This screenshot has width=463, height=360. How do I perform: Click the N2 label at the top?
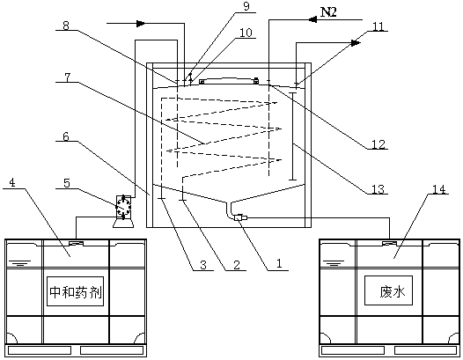pos(328,12)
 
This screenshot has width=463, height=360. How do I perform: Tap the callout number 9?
pos(246,6)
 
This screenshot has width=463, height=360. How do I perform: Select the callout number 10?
pos(246,33)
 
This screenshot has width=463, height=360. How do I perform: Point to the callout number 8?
pos(66,26)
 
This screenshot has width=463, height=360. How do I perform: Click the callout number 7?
pos(67,77)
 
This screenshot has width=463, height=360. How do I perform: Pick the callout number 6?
pos(66,136)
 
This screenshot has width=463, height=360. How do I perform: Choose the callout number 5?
pos(67,183)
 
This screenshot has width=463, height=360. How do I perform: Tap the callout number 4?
pos(12,183)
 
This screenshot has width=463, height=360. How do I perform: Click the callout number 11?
pos(378,26)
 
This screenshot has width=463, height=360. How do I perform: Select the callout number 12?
pos(378,144)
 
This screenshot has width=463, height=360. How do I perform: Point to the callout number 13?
pos(378,189)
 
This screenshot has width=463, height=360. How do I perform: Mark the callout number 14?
pos(438,189)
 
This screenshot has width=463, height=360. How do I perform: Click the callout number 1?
pos(279,263)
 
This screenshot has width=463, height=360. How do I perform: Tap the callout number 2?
pos(237,265)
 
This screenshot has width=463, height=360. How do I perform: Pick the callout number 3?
pos(203,265)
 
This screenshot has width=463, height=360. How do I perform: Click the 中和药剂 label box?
pos(76,291)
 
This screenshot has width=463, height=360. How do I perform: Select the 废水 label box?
pos(388,290)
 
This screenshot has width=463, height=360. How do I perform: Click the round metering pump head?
pos(122,208)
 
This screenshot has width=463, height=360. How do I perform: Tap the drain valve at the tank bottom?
pos(239,218)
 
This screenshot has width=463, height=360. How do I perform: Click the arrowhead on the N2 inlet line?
pos(312,19)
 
